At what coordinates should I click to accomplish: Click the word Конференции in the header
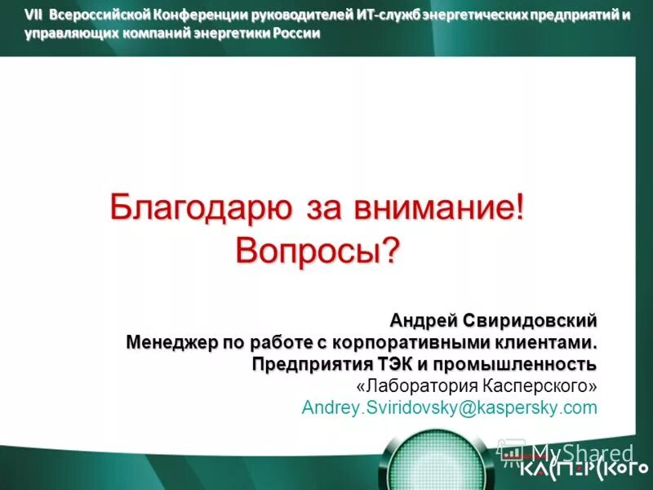[188, 16]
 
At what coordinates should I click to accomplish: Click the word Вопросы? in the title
[318, 249]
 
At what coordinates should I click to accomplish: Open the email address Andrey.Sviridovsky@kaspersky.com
[450, 407]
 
